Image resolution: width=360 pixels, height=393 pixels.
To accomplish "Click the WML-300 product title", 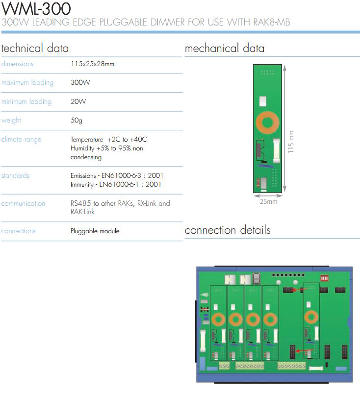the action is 36,8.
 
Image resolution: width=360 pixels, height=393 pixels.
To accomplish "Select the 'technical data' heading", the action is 35,48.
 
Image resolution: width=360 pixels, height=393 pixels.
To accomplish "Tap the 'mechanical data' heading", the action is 225,48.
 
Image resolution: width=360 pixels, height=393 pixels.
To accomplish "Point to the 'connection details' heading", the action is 228,230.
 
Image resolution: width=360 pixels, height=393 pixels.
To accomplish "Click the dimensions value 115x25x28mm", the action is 92,64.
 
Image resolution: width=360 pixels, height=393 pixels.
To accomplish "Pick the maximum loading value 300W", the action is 80,82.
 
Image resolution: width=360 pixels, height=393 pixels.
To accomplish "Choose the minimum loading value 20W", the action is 78,101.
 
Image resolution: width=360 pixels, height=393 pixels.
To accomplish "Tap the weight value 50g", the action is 76,121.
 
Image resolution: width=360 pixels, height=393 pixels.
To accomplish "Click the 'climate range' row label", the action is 21,139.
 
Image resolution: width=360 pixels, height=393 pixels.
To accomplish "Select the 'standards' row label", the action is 15,175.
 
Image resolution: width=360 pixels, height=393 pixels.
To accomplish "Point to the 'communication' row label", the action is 23,203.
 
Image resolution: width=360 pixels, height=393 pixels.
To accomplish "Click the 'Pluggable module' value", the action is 95,231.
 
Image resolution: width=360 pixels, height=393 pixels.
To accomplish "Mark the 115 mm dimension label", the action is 290,142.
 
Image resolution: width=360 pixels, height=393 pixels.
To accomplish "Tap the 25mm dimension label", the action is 268,201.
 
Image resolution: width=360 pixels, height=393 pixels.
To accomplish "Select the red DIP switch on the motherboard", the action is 324,278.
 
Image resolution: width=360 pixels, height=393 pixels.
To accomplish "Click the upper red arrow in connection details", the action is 298,290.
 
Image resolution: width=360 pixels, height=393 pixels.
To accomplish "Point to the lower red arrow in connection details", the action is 305,350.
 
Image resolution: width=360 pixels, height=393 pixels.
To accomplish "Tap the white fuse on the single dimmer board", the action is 277,150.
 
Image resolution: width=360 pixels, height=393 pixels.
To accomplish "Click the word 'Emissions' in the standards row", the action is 83,175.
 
